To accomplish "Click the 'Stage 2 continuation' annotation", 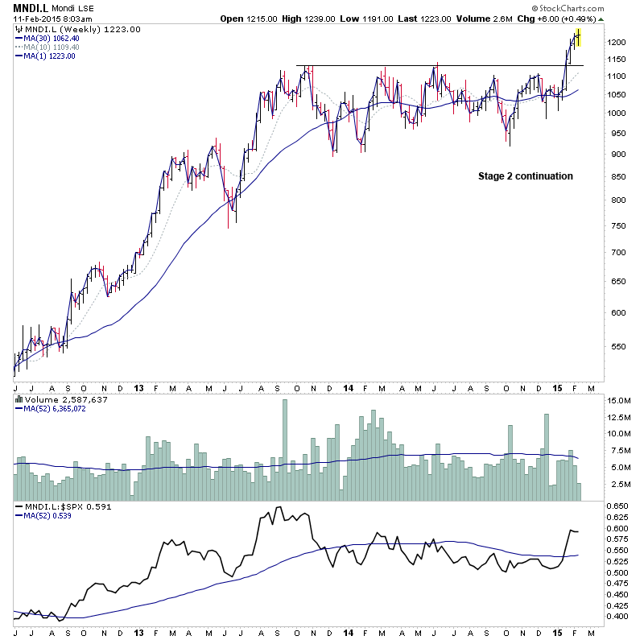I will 526,176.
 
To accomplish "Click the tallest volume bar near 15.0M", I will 285,450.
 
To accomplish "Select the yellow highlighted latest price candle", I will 577,36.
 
